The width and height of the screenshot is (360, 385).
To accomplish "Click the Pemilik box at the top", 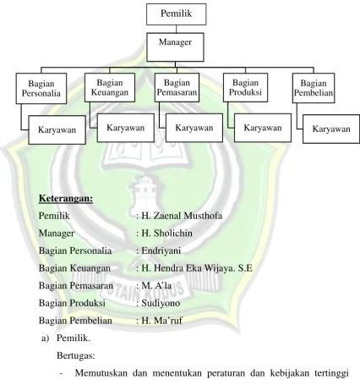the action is coord(176,14).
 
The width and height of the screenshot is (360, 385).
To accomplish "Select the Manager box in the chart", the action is coord(175,47).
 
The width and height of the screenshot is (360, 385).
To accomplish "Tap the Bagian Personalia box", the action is coord(41,89).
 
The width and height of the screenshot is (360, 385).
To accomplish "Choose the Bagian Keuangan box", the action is coord(110,87).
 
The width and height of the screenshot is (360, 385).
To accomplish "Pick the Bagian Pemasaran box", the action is coord(177,87).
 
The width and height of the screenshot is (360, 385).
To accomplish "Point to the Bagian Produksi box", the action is coord(245,87).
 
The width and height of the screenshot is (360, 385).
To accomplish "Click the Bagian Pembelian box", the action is coord(314,88).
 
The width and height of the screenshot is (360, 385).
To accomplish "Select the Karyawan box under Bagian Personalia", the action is coord(57,129).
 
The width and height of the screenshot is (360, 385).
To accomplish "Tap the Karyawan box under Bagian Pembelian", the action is coord(331,129).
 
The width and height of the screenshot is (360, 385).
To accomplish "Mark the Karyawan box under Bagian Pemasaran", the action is coord(194,128).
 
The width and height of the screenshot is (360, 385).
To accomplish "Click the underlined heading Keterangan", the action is coord(66,198).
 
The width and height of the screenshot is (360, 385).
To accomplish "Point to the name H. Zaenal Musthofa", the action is coord(182,216).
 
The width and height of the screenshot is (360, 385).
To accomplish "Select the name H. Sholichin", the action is coord(166,234).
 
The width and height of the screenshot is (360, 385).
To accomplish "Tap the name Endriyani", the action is coord(161,250).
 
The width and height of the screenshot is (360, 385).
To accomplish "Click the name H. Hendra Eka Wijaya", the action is coord(188,268).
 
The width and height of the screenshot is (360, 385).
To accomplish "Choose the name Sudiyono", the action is coord(161,303).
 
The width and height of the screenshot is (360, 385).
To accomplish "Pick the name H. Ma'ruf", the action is coord(161,321).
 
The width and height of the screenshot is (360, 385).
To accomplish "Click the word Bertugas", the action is coord(76,355).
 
